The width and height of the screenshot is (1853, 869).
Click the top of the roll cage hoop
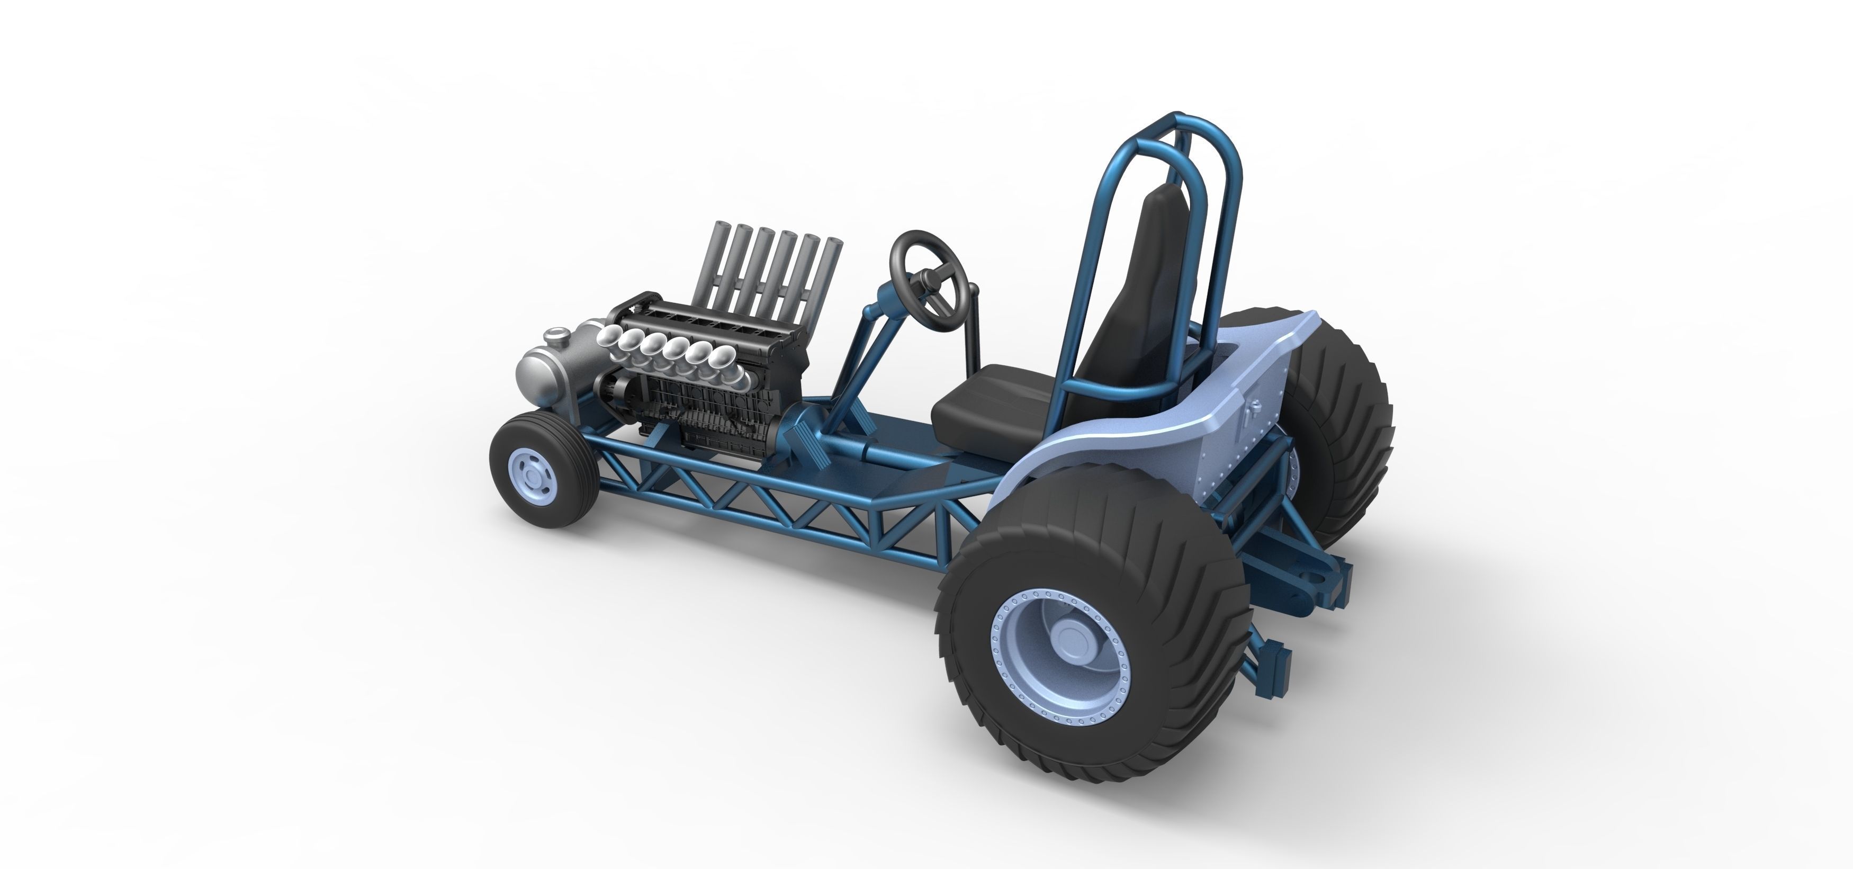pos(1180,119)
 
